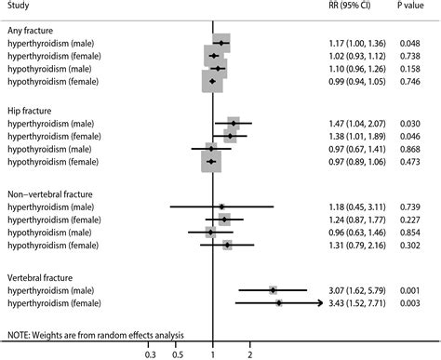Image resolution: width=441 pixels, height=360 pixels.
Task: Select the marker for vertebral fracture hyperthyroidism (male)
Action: (x=273, y=290)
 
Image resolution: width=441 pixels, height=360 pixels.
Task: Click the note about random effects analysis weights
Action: (x=96, y=334)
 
